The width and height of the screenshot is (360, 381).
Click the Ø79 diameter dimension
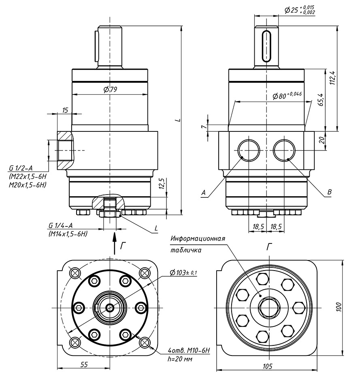pyautogui.click(x=110, y=90)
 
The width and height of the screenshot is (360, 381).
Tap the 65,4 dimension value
pyautogui.click(x=320, y=99)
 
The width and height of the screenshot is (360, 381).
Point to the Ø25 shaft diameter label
pyautogui.click(x=300, y=10)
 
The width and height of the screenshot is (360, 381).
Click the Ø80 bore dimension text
pyautogui.click(x=287, y=96)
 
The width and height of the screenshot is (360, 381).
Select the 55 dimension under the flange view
pyautogui.click(x=84, y=364)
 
